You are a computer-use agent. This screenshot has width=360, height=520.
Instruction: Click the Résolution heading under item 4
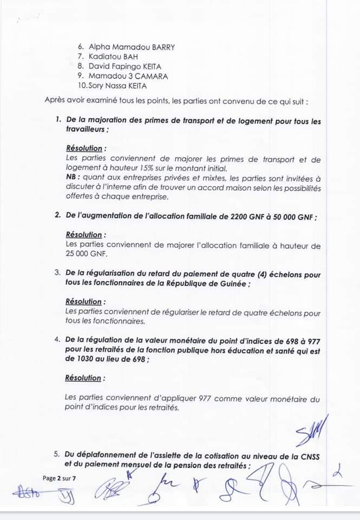point(83,378)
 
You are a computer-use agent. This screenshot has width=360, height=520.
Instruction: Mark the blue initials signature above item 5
point(309,429)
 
